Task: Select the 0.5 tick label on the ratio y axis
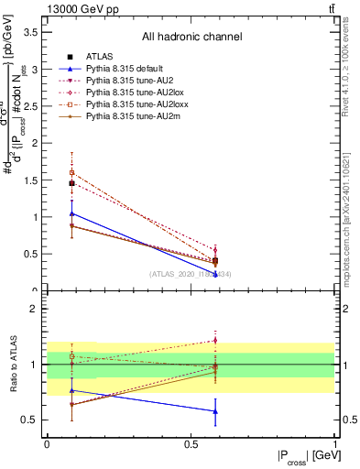(30, 420)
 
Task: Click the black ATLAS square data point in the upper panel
(71, 183)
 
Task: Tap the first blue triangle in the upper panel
(71, 213)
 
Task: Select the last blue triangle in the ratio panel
(215, 411)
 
